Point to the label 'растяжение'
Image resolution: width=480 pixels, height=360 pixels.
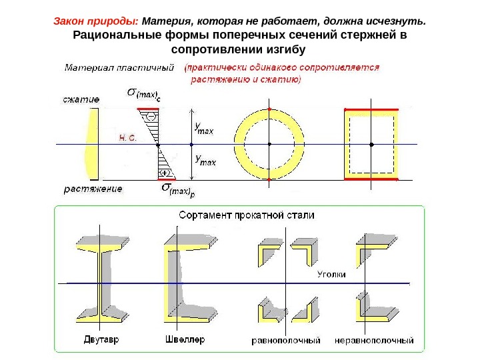(93, 189)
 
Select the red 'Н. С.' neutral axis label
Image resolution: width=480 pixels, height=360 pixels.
(127, 139)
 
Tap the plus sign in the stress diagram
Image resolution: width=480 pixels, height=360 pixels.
(162, 172)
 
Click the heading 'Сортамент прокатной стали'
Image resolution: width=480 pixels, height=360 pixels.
(246, 215)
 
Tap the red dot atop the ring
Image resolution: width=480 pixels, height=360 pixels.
(269, 108)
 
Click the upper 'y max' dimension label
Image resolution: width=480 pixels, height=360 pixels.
(203, 127)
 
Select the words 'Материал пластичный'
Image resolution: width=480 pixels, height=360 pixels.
(120, 67)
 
